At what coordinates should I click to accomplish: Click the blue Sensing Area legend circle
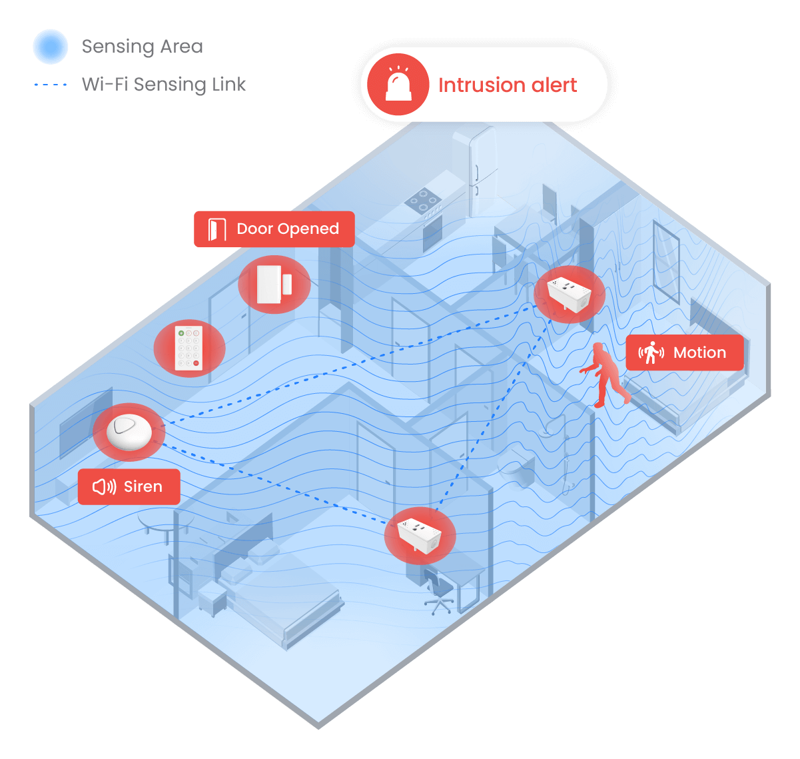[x=51, y=47]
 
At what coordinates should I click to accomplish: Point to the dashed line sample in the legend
[x=51, y=85]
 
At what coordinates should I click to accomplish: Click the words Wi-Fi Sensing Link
[x=164, y=85]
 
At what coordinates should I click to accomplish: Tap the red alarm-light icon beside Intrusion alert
[x=398, y=85]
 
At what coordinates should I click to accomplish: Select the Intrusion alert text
[x=508, y=85]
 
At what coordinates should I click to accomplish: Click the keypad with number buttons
[x=189, y=347]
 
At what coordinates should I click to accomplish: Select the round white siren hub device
[x=129, y=431]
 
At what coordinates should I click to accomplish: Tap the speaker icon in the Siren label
[x=104, y=487]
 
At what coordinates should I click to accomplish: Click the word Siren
[x=143, y=487]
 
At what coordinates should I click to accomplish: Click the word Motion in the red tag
[x=699, y=353]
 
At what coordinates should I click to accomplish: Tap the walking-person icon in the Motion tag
[x=651, y=353]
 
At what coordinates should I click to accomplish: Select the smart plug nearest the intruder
[x=568, y=293]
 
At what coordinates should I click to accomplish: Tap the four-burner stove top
[x=423, y=200]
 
